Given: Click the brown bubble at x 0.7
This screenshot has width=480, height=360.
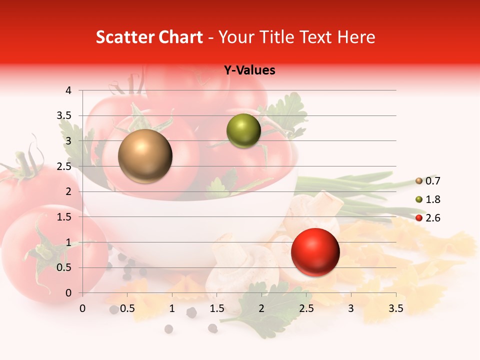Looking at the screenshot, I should coord(145,156).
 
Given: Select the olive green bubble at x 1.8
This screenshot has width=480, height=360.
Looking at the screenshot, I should coord(243,131).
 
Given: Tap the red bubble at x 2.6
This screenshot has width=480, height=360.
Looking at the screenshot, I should coord(315,252).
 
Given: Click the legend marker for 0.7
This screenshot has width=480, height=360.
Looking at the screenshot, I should coord(419,181).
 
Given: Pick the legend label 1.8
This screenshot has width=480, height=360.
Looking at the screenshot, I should coord(433,199).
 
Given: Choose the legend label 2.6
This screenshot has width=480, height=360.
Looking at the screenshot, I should coord(433,218).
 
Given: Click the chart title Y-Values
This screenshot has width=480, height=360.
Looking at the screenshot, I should coord(249,70).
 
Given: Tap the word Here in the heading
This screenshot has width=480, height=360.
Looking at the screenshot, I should coord(355,37).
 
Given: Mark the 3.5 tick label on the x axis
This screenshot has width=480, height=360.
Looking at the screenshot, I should coord(395,308).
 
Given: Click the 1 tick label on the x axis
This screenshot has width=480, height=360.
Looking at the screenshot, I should coord(172,308).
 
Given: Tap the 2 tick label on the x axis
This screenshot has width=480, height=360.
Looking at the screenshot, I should coord(261,308).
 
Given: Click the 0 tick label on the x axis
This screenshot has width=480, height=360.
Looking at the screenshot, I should coord(82,308).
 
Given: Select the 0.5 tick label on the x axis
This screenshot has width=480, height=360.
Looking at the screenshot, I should coord(127,308).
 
